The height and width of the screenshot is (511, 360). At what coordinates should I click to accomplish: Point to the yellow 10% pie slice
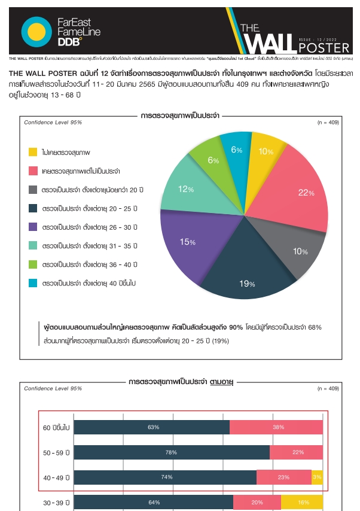point(265,152)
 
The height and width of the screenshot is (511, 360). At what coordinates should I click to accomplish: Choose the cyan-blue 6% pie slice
point(236,150)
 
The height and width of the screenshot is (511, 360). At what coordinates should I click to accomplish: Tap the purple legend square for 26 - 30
point(33,227)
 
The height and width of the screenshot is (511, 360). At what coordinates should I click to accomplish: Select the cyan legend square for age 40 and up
point(33,282)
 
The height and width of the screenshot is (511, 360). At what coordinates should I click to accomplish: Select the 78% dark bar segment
point(172,452)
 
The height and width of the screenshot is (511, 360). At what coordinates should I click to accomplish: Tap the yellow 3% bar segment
point(317,477)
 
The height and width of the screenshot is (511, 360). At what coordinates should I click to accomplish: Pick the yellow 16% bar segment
point(303,502)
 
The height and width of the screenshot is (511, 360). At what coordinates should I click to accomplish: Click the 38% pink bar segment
point(277,427)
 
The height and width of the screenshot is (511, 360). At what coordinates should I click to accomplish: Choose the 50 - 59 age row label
point(57,452)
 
